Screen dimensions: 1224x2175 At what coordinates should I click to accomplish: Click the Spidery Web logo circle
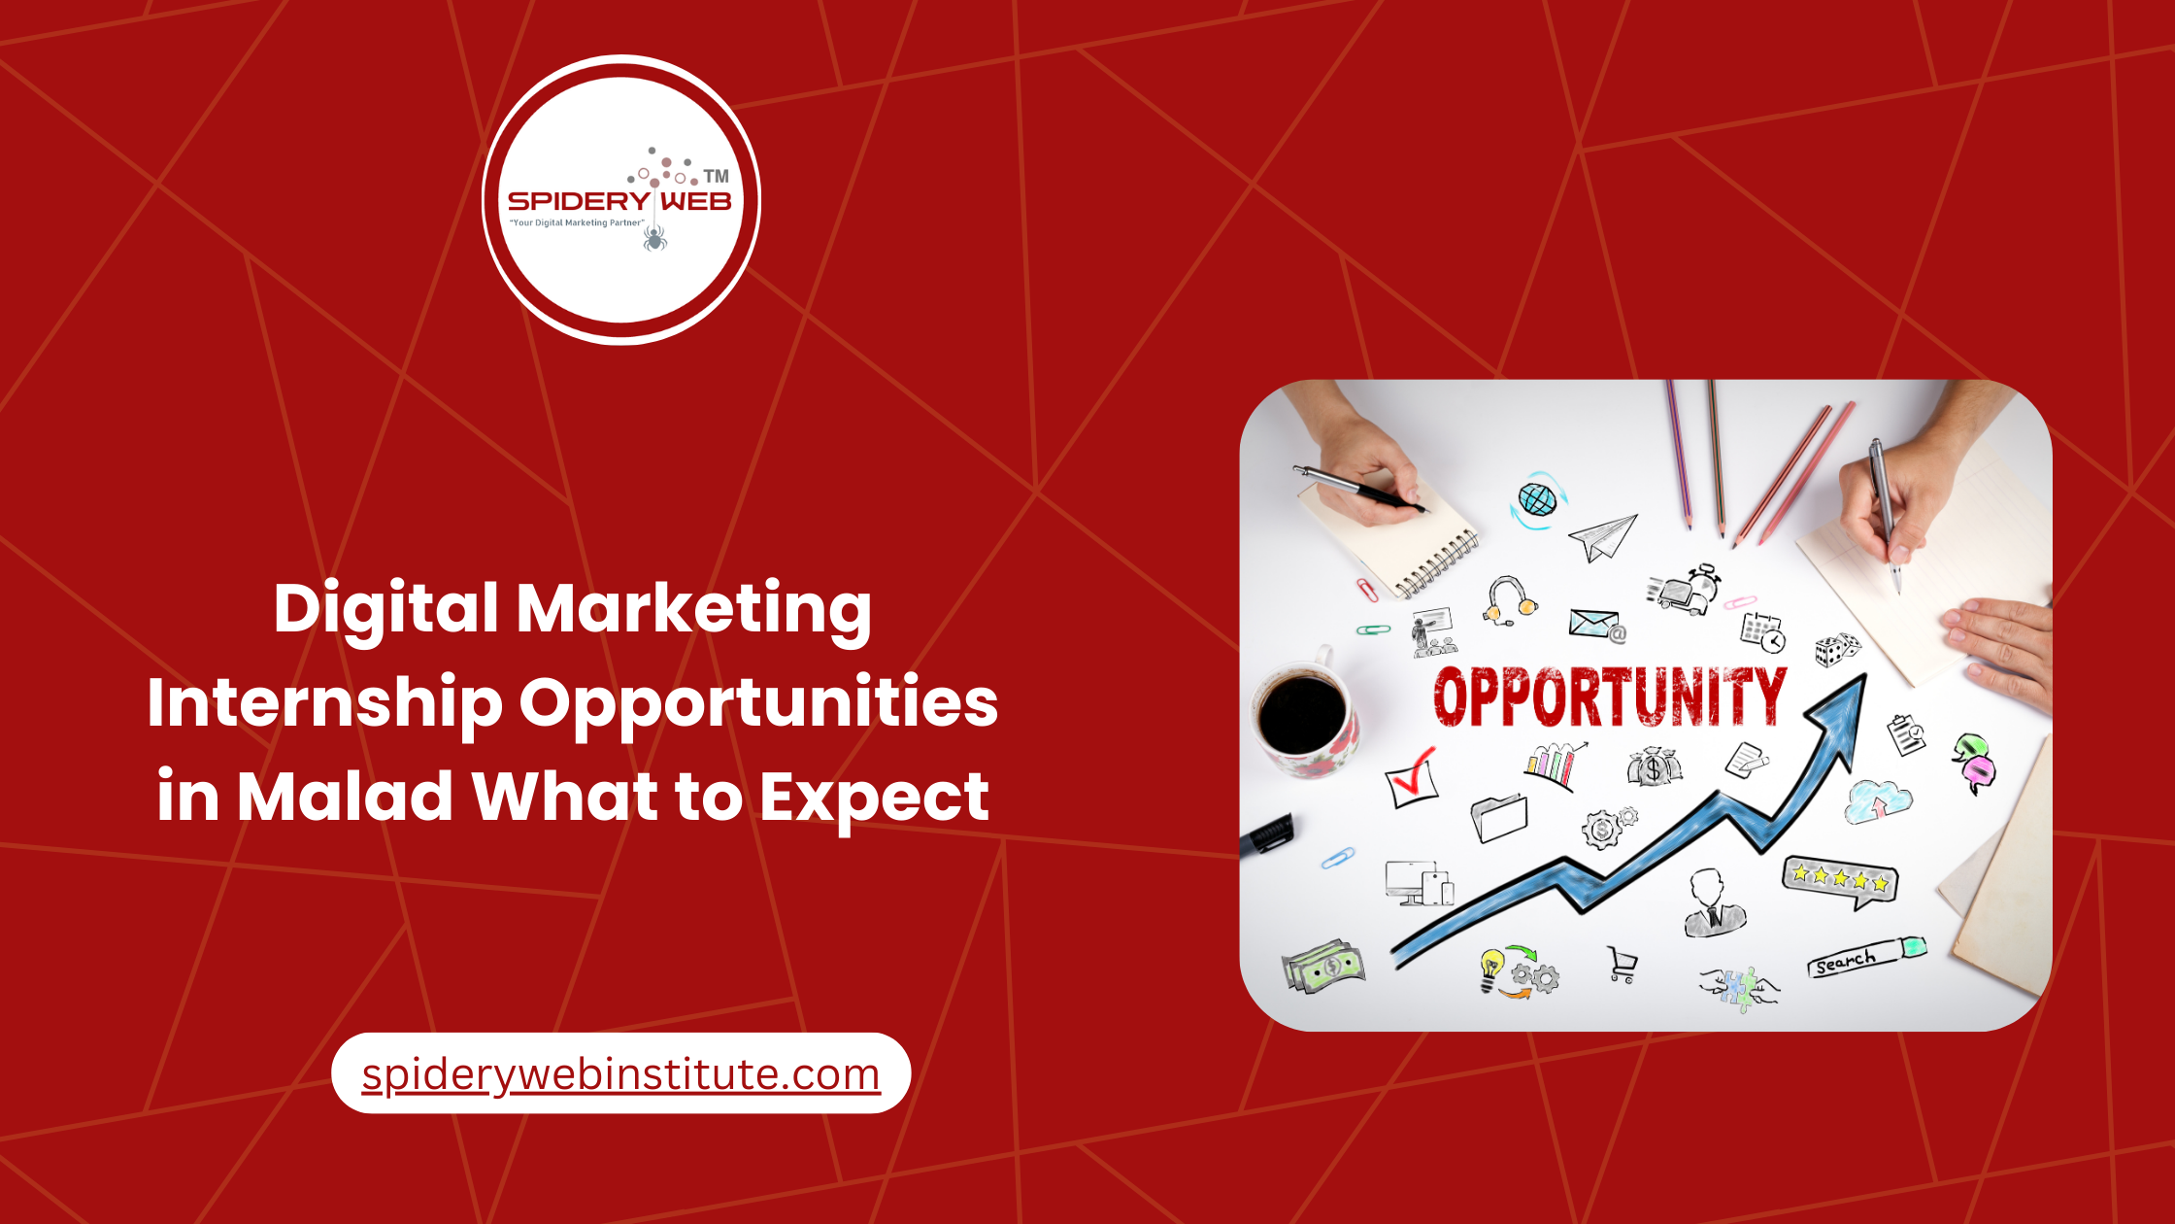point(621,199)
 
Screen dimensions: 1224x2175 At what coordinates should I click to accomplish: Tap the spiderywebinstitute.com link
point(620,1074)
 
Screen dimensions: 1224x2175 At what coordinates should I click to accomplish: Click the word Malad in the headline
point(345,797)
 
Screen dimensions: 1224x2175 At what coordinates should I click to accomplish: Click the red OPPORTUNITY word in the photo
point(1609,696)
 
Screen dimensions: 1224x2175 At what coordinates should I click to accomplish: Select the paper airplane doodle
point(1603,536)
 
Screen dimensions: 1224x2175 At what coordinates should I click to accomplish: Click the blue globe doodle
point(1537,500)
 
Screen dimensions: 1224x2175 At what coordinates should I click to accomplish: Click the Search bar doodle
point(1865,958)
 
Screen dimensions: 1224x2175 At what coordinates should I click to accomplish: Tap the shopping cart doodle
point(1622,964)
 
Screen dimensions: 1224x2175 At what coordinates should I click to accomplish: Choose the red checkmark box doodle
point(1411,778)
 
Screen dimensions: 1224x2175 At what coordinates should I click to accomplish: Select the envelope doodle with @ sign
point(1596,625)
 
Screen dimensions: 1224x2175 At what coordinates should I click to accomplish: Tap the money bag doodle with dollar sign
point(1654,767)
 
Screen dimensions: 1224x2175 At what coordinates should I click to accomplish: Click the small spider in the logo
point(655,237)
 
